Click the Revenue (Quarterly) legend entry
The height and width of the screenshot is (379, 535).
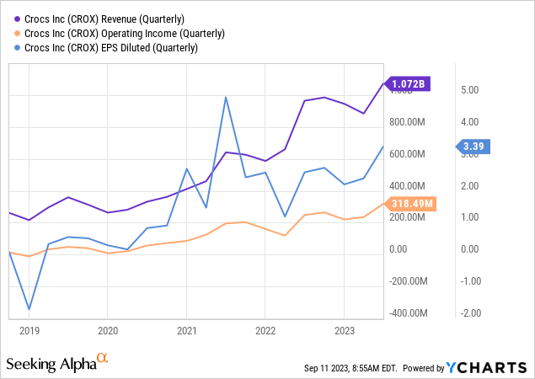click(x=114, y=19)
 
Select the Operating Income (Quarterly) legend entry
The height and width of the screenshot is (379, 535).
click(x=123, y=33)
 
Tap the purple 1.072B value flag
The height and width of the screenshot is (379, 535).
click(x=408, y=83)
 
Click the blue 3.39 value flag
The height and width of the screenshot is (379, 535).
click(x=475, y=147)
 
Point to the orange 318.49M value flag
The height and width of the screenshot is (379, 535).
click(x=413, y=203)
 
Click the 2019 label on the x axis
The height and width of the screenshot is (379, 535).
click(x=29, y=331)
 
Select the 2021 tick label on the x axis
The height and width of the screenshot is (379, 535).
click(x=186, y=331)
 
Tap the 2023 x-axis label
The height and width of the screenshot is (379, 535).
click(x=345, y=331)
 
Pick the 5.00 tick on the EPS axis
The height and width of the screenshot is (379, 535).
click(x=472, y=90)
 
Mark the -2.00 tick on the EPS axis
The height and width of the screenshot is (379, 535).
click(x=470, y=312)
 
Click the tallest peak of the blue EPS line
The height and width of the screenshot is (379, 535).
click(x=226, y=97)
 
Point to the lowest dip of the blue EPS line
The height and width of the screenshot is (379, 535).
click(x=29, y=309)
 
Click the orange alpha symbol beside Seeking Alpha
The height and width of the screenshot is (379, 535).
click(x=103, y=358)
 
